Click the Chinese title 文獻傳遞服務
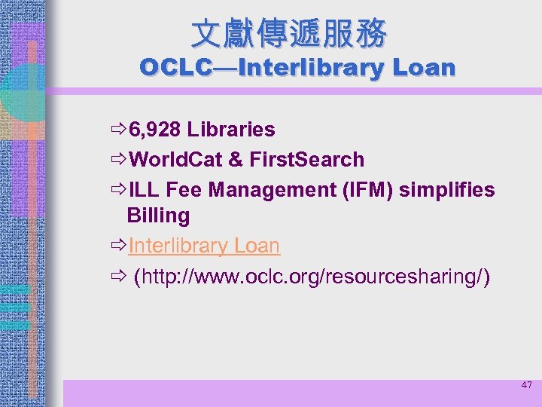click(289, 33)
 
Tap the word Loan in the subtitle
click(422, 68)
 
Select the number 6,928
click(155, 130)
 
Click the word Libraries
click(231, 130)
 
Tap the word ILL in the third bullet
click(144, 190)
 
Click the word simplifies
click(446, 190)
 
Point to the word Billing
click(158, 216)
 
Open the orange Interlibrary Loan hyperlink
click(204, 246)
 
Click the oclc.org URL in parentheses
click(312, 277)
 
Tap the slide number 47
click(526, 385)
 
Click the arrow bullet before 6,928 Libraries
click(117, 130)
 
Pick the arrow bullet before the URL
click(117, 277)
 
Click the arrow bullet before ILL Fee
click(117, 190)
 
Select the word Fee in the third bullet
click(185, 190)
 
